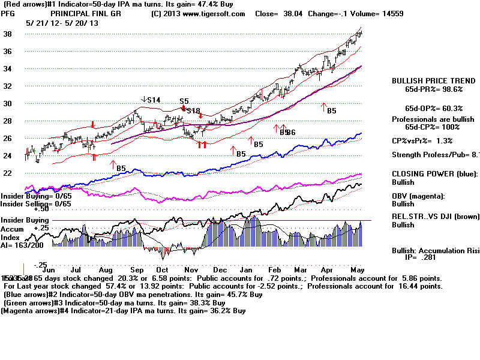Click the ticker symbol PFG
click(8, 14)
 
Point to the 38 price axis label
click(8, 34)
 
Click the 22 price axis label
click(8, 173)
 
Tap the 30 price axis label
click(8, 104)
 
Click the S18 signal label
click(193, 111)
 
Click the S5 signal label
click(184, 101)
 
